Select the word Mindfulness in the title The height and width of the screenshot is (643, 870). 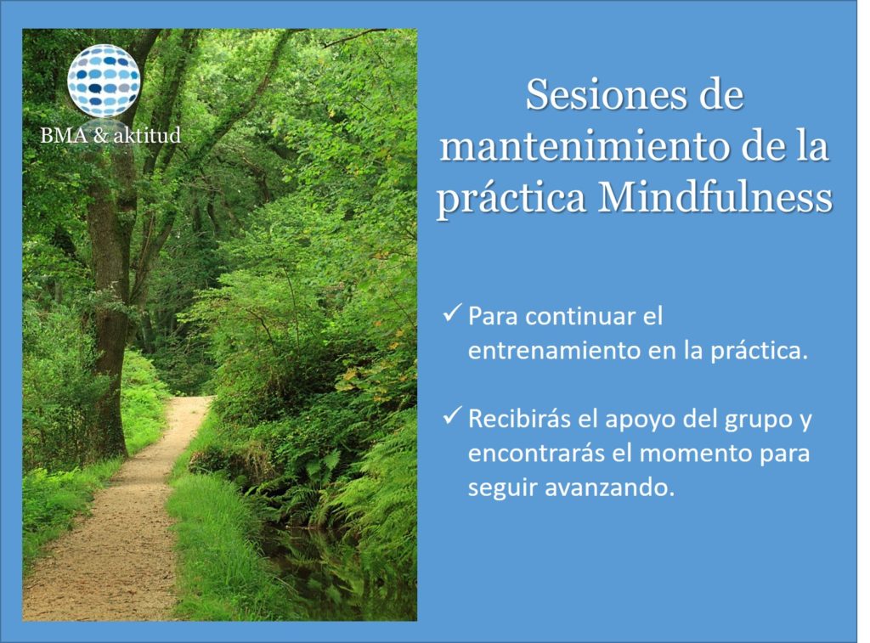point(715,198)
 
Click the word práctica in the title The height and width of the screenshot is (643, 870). point(511,199)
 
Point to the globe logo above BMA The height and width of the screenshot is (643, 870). point(104,81)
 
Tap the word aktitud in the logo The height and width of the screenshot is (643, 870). point(147,135)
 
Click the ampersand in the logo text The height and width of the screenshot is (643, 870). point(100,135)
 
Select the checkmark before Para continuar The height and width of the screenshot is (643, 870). point(452,313)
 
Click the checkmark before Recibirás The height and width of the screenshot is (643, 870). point(452,416)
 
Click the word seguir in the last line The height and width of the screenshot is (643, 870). point(503,489)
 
